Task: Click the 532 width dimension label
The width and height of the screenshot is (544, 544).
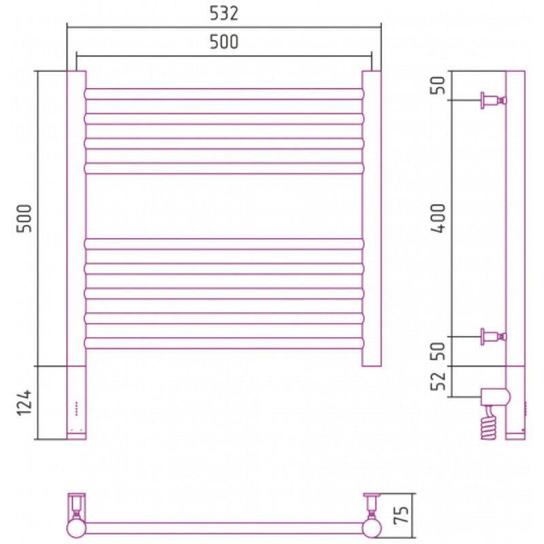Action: point(224,14)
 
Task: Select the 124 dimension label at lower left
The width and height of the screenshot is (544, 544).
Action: point(24,403)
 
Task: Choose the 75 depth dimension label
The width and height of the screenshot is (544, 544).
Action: point(401,515)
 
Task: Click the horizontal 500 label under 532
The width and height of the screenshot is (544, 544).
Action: point(224,41)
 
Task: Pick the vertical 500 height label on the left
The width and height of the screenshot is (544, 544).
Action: point(24,218)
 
